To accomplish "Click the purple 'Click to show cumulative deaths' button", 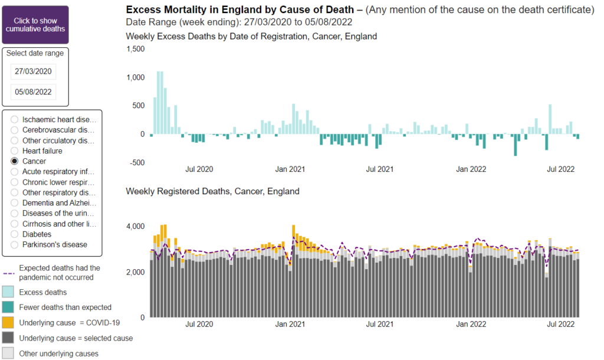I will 35,24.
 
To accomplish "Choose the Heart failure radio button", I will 15,151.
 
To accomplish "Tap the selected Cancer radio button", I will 15,161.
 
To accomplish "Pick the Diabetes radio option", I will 15,234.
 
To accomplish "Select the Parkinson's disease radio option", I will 15,244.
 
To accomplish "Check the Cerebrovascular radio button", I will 15,130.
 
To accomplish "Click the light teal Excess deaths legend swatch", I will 8,292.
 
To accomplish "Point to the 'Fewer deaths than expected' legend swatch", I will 8,307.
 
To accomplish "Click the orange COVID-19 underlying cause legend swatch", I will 8,323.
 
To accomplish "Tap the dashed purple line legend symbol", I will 8,273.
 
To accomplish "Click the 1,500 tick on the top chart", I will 136,49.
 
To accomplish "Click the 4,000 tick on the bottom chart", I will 136,227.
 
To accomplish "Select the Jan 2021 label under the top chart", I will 290,169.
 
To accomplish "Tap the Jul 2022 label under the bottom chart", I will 560,325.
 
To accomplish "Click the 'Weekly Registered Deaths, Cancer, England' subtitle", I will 212,191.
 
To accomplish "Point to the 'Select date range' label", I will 35,53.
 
